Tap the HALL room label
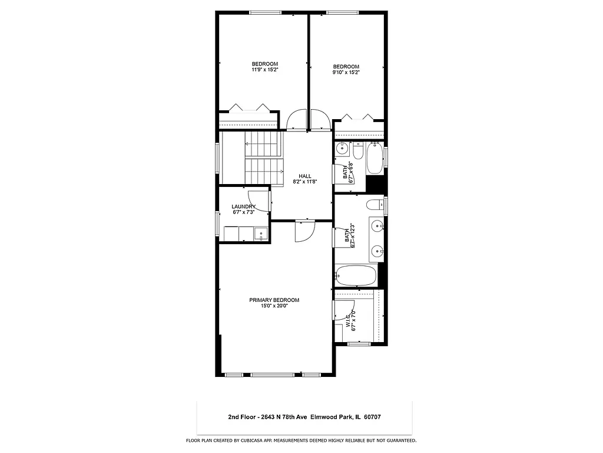[x=304, y=176]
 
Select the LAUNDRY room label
[x=243, y=206]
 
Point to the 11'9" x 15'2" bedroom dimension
[x=264, y=70]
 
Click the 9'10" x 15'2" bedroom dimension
[x=346, y=73]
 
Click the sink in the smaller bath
[x=342, y=150]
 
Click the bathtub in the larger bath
[x=356, y=275]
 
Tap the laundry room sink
[x=260, y=235]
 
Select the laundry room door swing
[x=260, y=202]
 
